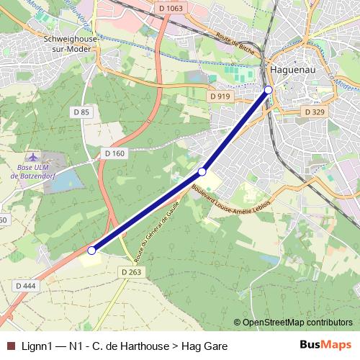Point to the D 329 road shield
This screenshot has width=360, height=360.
[315, 112]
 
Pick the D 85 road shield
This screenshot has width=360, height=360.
[81, 112]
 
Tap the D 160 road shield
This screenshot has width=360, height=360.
[114, 153]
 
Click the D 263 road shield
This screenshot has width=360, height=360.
[130, 271]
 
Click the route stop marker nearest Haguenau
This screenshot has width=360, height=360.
[269, 89]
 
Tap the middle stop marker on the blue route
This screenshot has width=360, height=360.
[202, 172]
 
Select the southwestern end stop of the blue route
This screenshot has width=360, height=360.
[91, 251]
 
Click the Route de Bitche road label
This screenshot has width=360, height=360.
[236, 48]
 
